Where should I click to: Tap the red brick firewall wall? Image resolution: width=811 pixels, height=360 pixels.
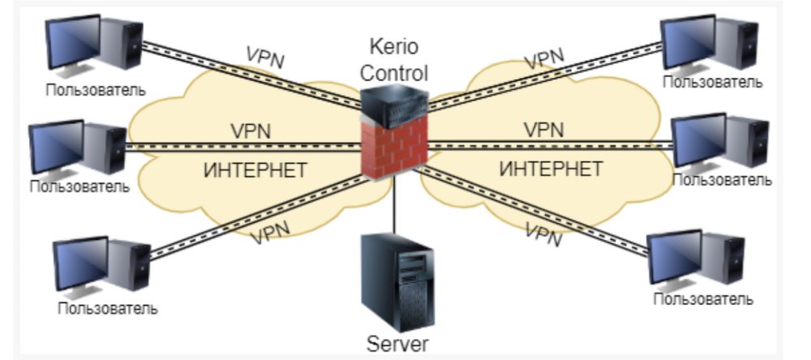[393, 150]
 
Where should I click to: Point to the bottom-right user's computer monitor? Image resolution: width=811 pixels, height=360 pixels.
[676, 257]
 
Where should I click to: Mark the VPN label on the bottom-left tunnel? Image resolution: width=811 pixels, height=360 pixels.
[271, 234]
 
